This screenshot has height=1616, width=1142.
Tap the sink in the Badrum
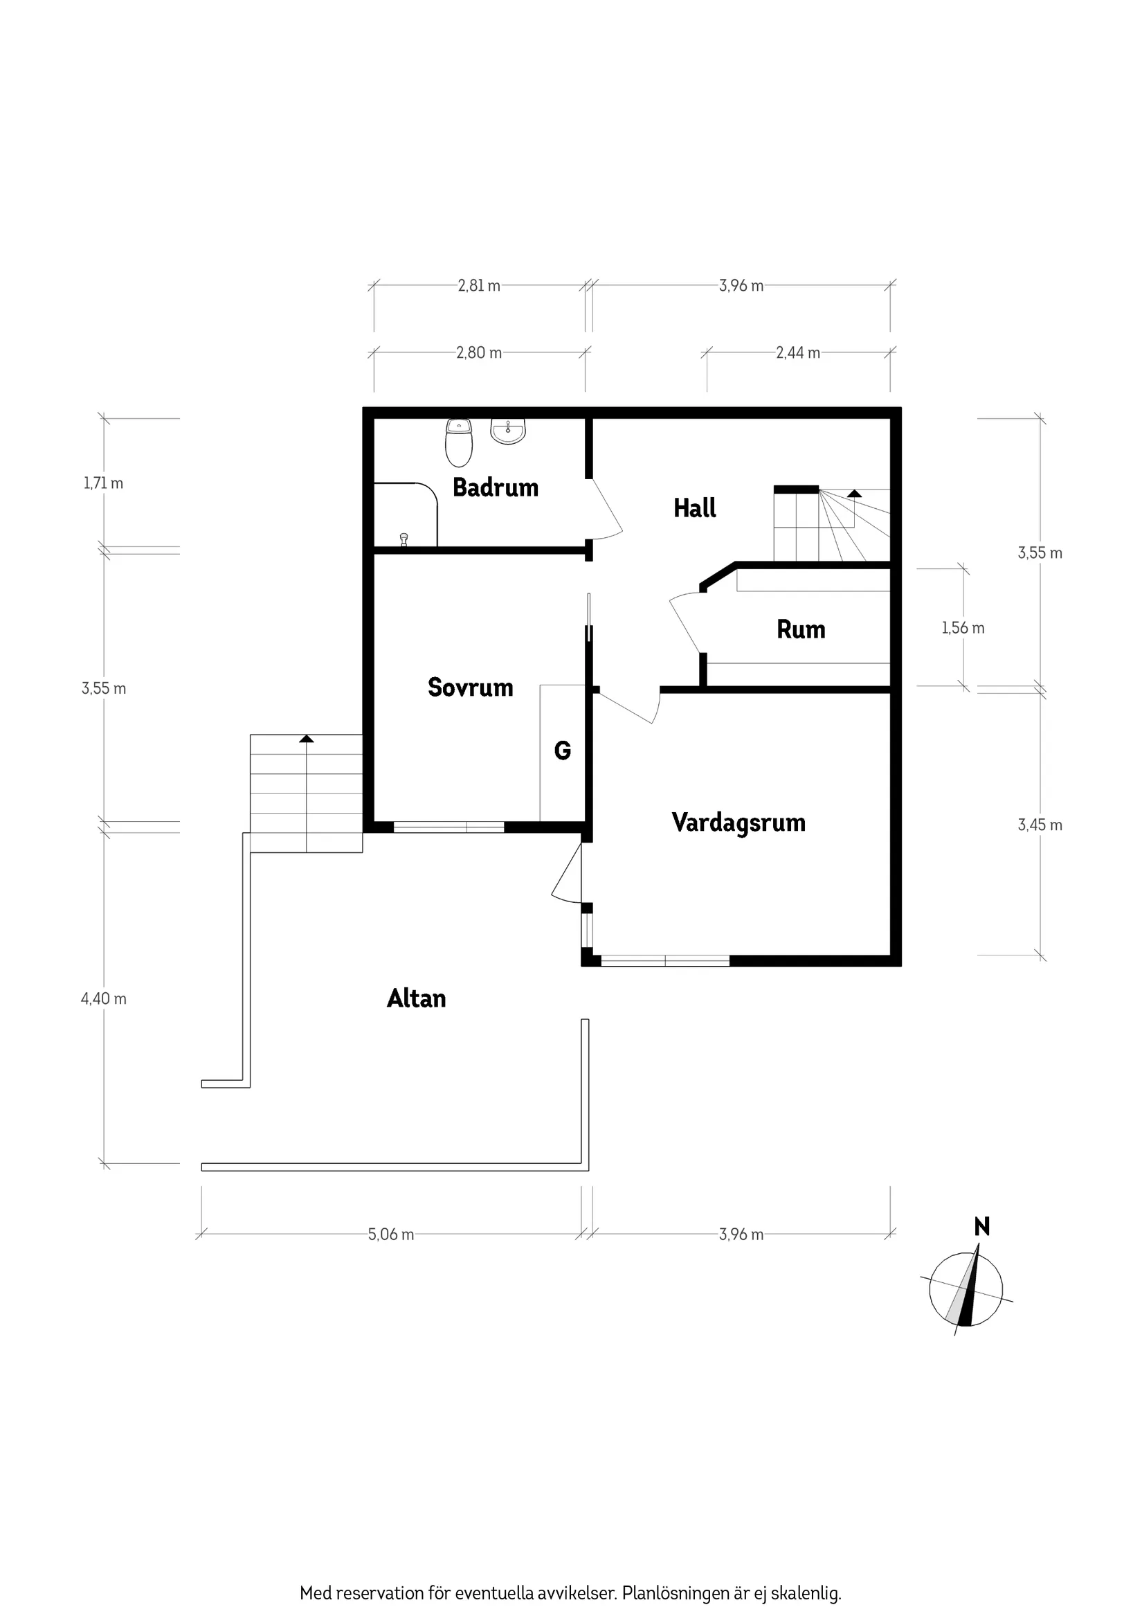pos(508,431)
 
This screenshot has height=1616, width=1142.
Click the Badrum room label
pos(496,487)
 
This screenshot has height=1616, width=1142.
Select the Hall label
pos(694,508)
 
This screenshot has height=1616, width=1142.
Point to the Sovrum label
pos(470,687)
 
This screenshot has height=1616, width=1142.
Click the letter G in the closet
pos(562,751)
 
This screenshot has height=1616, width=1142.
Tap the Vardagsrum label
pos(738,822)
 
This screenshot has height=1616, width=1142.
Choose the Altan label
pos(416,998)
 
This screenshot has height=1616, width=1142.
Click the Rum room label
pos(801,629)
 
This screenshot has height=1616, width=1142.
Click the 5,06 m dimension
pos(390,1234)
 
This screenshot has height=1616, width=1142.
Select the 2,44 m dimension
pos(798,352)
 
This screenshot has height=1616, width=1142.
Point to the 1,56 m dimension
pos(963,627)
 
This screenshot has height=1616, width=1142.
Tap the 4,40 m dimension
pos(103,998)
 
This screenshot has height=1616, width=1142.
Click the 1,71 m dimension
pos(103,483)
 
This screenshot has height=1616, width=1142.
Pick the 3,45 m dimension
pos(1040,824)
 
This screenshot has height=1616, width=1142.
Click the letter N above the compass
pos(981,1227)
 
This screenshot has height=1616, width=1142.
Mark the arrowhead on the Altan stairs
pos(306,738)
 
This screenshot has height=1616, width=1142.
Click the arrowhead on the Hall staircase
pos(854,494)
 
